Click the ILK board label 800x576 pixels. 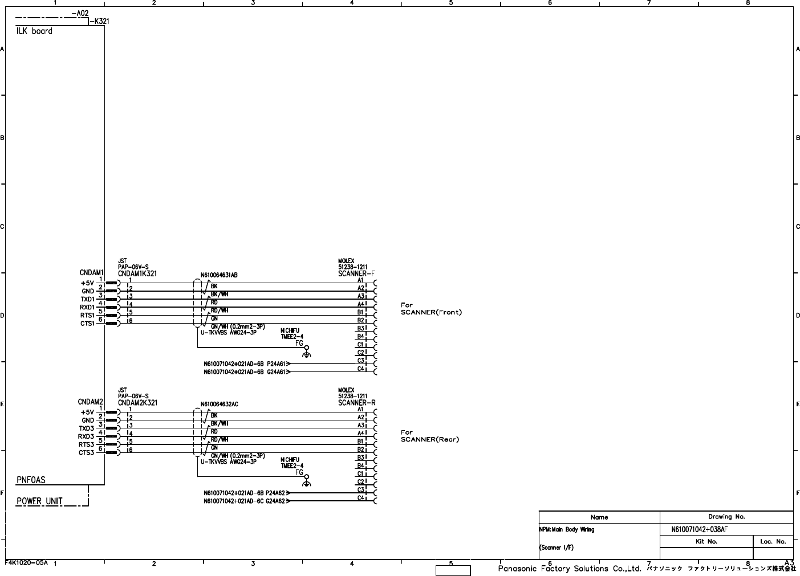(34, 31)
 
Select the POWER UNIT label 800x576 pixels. (39, 501)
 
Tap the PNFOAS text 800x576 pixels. (31, 480)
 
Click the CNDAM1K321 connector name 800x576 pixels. (137, 273)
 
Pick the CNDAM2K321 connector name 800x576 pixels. (137, 403)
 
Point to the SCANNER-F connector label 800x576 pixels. (356, 273)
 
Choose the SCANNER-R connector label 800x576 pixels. (356, 403)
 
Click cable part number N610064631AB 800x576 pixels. (219, 275)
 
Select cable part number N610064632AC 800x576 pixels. (219, 405)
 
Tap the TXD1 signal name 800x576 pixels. (87, 299)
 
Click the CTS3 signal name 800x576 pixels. (87, 453)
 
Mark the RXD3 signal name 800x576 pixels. (86, 437)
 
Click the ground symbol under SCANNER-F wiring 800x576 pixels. (307, 354)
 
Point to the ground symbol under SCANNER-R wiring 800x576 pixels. (307, 484)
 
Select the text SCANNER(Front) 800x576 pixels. (431, 312)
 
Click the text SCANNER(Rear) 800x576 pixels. (429, 439)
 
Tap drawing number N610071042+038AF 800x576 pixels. (699, 529)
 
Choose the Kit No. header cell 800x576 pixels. (706, 542)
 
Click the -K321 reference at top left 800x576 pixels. (100, 22)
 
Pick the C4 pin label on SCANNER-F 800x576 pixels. (360, 369)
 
